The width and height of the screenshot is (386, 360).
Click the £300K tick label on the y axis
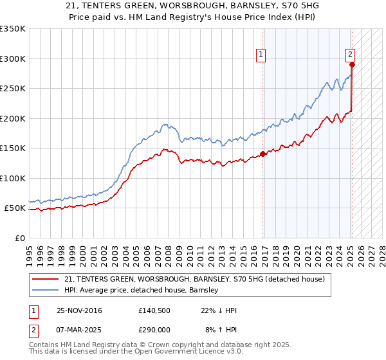(13, 59)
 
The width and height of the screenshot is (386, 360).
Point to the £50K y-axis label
(15, 208)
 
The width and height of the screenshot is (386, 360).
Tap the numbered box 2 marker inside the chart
(351, 55)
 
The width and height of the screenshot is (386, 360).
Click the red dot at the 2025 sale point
(352, 64)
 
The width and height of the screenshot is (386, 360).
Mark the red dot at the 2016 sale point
(263, 154)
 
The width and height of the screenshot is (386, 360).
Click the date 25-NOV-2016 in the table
(79, 310)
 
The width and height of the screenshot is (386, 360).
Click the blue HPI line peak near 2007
(165, 125)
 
